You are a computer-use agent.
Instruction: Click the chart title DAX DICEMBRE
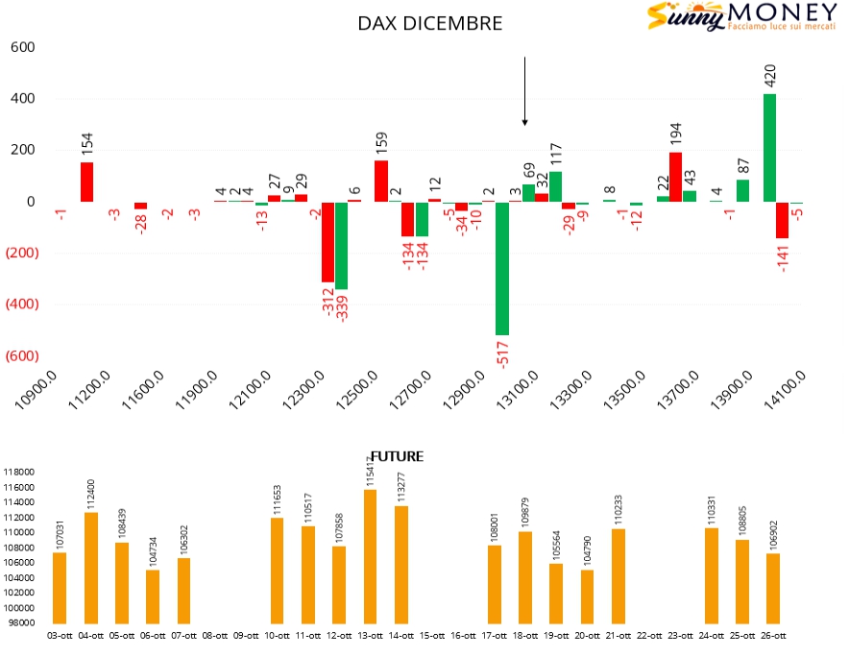[x=429, y=23]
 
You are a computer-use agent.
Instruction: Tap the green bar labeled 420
[x=769, y=148]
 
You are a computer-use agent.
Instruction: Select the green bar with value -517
[x=501, y=268]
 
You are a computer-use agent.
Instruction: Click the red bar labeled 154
[x=86, y=182]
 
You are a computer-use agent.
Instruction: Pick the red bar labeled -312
[x=327, y=241]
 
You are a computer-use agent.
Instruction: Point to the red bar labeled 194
[x=675, y=177]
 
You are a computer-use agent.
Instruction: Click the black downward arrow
[x=524, y=91]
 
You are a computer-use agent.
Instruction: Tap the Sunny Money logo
[x=728, y=16]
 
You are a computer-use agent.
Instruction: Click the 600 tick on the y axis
[x=22, y=47]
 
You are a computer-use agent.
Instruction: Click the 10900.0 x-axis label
[x=34, y=389]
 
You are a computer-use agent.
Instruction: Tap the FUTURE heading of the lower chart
[x=397, y=457]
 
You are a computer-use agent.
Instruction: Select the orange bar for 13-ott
[x=370, y=556]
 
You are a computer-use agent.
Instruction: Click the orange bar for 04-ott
[x=91, y=568]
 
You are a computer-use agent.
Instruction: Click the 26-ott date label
[x=773, y=635]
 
